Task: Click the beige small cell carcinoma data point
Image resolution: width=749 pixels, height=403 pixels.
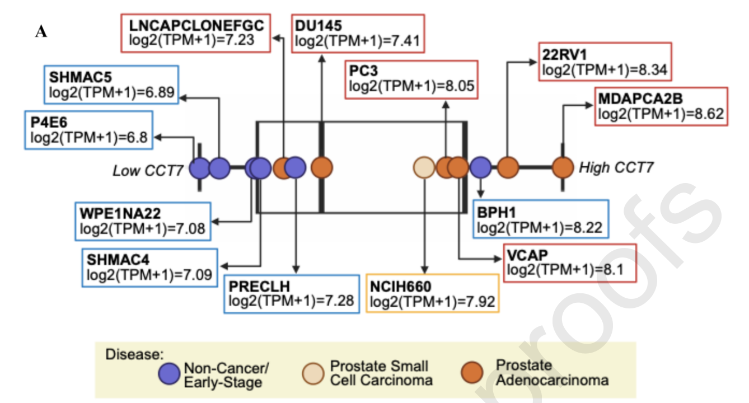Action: click(424, 167)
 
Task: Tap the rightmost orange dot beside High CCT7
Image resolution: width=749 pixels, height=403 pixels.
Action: click(563, 167)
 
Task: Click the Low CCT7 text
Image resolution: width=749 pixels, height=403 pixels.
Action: click(148, 171)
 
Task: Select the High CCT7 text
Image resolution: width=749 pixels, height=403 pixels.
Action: click(616, 167)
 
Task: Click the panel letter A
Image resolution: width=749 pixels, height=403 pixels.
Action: click(41, 32)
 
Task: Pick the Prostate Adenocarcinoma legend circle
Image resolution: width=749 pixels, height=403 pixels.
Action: click(472, 372)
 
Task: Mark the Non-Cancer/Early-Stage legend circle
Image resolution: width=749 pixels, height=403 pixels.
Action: click(169, 373)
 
